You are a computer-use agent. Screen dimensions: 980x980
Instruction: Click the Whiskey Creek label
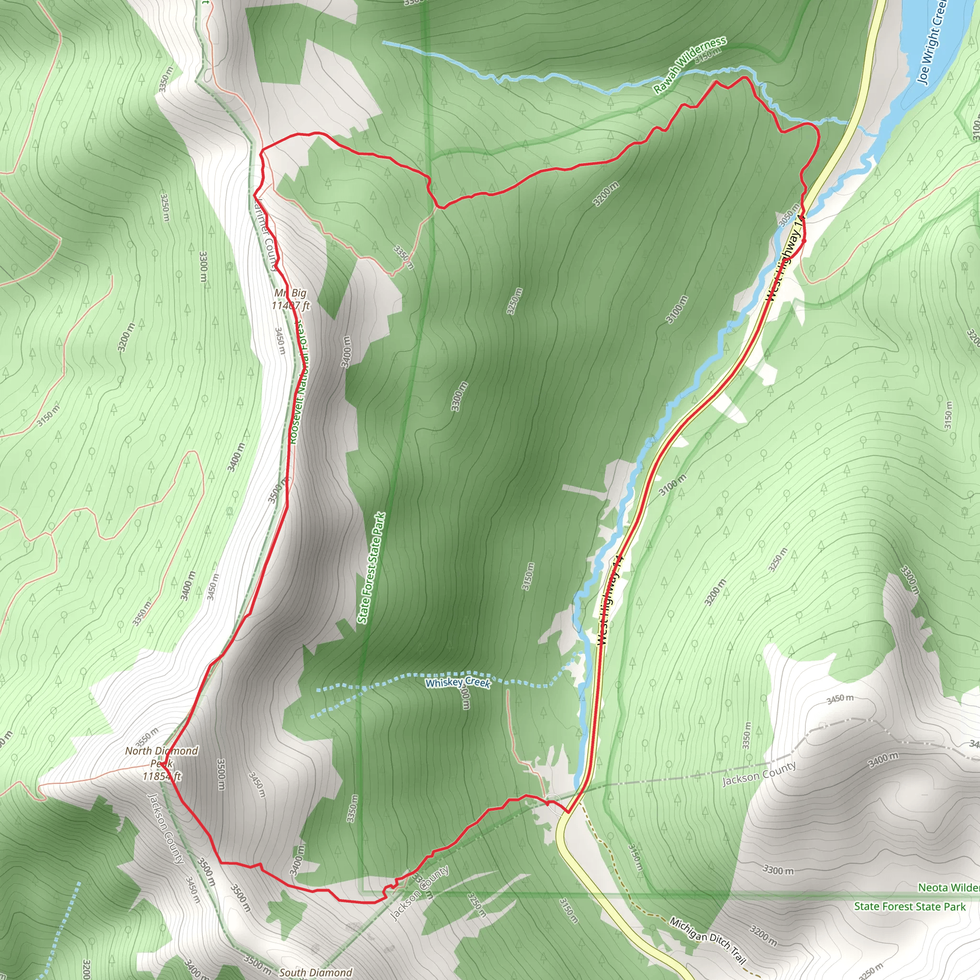tap(457, 683)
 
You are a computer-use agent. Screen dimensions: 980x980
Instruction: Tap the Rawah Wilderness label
tap(690, 65)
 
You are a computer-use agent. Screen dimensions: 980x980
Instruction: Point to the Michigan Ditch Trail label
tap(708, 940)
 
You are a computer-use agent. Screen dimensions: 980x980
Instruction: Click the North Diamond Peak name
tap(162, 757)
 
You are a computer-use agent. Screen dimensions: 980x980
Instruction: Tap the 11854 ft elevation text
tap(161, 776)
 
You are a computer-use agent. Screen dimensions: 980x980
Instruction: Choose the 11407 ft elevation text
tap(290, 305)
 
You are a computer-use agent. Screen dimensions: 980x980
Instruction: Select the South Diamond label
tap(315, 972)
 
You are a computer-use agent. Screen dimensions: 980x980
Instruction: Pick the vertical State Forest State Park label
tap(371, 568)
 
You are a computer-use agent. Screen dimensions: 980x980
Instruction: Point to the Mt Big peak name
tap(290, 293)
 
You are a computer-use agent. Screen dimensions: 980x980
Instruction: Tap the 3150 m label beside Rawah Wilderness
tap(708, 56)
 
